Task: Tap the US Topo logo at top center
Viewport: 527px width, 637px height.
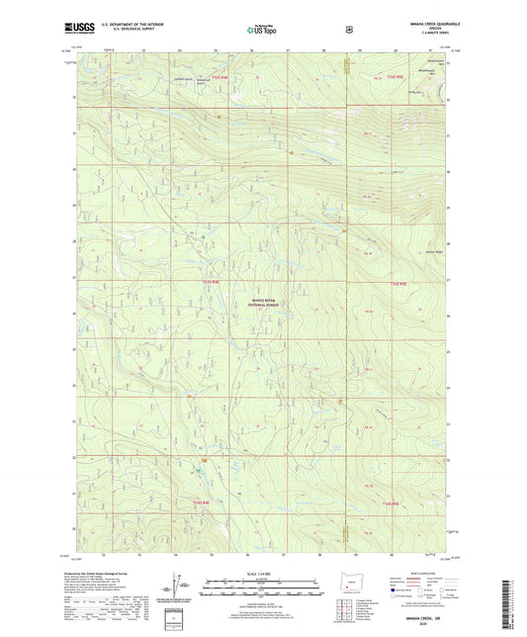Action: [260, 30]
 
